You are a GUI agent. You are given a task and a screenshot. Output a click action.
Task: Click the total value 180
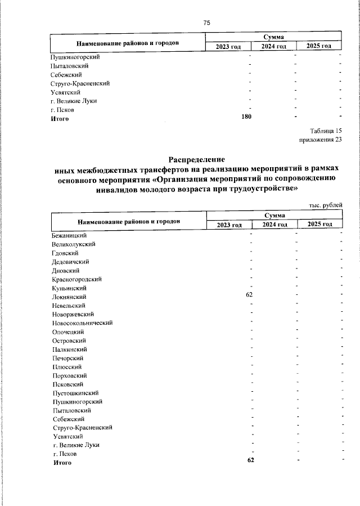(246, 117)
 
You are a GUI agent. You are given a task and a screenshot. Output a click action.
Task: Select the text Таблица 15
(326, 131)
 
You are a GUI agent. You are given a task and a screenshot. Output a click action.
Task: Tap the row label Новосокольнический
(83, 323)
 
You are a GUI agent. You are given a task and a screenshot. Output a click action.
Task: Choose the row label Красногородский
(77, 279)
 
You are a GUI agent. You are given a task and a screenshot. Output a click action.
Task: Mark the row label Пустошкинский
(76, 393)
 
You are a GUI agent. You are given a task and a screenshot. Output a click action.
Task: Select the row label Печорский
(68, 358)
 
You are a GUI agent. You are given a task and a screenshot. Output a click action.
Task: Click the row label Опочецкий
(69, 332)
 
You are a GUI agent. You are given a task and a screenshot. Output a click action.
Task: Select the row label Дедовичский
(70, 262)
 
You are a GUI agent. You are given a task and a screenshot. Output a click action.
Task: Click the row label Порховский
(69, 375)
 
